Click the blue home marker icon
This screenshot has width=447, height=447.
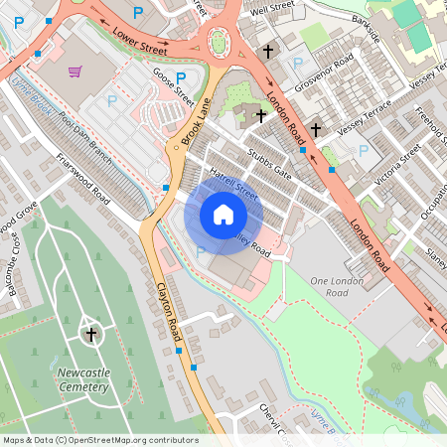[223, 215]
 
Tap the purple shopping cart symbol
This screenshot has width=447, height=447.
[75, 72]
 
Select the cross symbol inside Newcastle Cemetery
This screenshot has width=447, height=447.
[91, 335]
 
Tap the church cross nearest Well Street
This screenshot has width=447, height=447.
[267, 51]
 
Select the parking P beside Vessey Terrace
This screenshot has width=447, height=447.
[364, 151]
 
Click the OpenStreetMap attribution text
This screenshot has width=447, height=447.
[99, 440]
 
